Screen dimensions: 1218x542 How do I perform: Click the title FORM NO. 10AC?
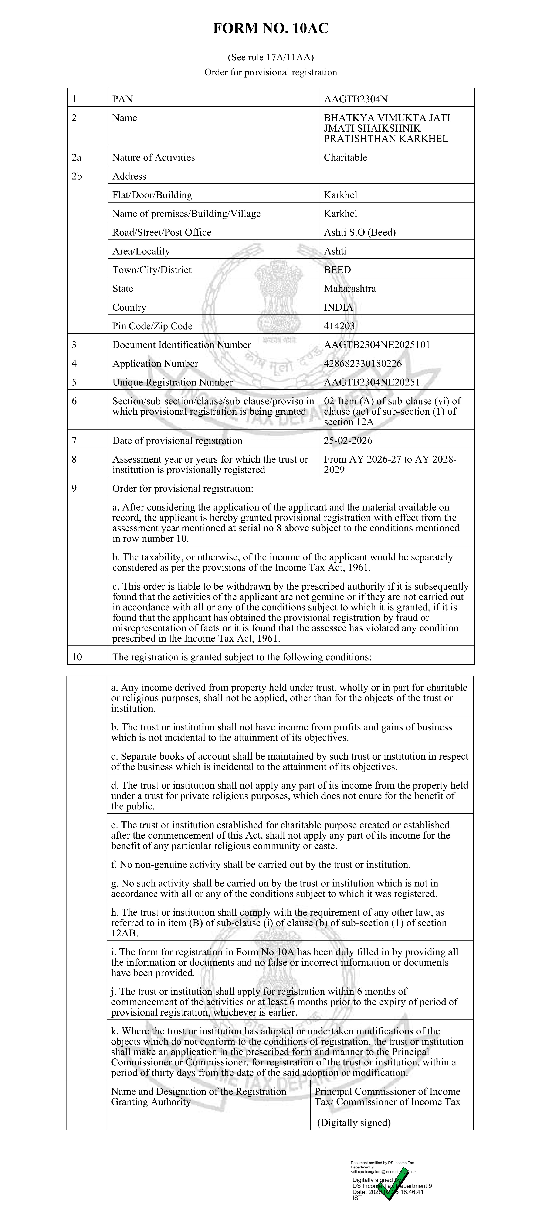pos(271,29)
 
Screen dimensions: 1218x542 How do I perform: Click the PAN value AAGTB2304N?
pos(356,99)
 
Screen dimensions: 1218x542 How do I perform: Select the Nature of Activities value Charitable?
pos(345,157)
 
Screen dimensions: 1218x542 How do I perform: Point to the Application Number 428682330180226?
pos(363,364)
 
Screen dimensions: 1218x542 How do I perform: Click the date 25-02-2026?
pos(348,441)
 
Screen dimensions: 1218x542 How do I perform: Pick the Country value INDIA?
pos(338,307)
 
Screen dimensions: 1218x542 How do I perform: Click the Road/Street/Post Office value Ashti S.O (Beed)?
pos(359,232)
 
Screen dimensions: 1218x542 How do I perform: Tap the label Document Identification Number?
pos(182,345)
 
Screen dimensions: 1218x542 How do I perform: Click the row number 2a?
pos(77,157)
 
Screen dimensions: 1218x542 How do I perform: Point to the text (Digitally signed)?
pos(354,1122)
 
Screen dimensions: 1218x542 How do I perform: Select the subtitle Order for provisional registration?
pos(271,72)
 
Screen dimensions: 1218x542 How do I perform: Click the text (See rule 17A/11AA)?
pos(271,58)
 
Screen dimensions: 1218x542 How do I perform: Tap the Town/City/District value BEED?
pos(337,270)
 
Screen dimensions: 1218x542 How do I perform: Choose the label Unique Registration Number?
pos(173,382)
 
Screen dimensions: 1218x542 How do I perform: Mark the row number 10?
pos(77,657)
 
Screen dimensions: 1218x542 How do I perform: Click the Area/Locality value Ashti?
pos(335,251)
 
